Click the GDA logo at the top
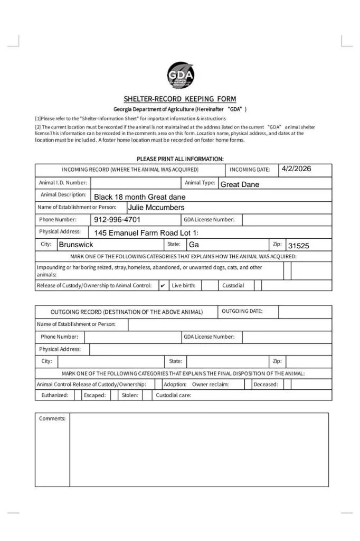(180, 76)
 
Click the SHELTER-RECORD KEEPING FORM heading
(180, 99)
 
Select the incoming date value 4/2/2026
(296, 169)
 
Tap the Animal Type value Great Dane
(240, 184)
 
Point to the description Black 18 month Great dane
(140, 197)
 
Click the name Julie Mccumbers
(156, 208)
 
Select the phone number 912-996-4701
(117, 220)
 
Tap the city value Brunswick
(76, 245)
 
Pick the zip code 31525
(298, 246)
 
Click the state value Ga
(194, 245)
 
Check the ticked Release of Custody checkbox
(163, 286)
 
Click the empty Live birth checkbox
(210, 286)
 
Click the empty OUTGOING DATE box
(305, 312)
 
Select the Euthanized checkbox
(78, 395)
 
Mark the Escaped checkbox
(114, 395)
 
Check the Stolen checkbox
(147, 395)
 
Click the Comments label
(52, 418)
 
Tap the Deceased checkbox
(287, 385)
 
